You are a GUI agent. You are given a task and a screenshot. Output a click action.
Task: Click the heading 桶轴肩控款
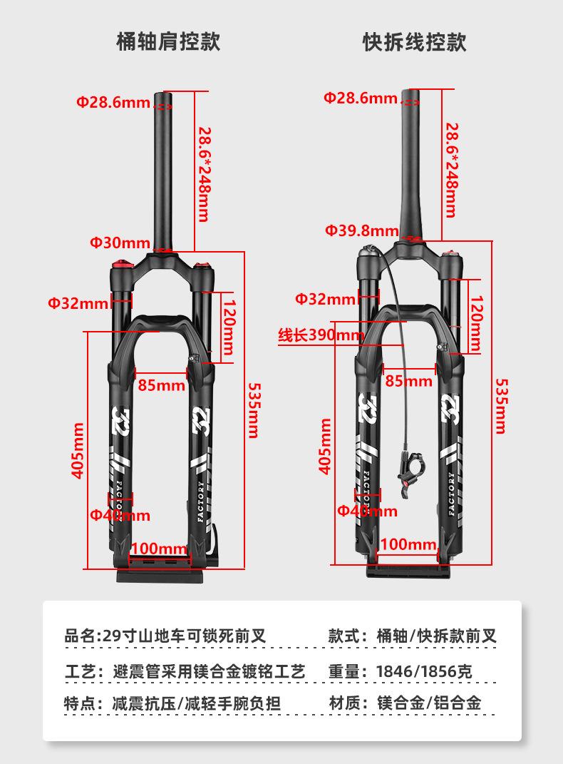pyautogui.click(x=168, y=41)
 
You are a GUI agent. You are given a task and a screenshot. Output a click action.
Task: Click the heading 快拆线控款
pyautogui.click(x=414, y=41)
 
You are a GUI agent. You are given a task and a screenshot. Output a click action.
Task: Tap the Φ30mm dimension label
pyautogui.click(x=120, y=243)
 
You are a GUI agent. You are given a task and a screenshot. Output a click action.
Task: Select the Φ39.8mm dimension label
pyautogui.click(x=361, y=230)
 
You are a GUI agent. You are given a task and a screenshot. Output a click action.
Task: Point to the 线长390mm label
pyautogui.click(x=321, y=335)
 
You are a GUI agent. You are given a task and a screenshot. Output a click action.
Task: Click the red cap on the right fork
pyautogui.click(x=450, y=255)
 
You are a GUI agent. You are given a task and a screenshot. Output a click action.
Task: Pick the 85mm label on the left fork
pyautogui.click(x=162, y=386)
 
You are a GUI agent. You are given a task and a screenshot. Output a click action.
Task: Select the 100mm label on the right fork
pyautogui.click(x=408, y=545)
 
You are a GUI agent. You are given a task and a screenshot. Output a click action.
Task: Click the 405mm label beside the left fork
pyautogui.click(x=79, y=450)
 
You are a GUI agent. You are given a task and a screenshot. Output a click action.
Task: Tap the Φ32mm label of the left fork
pyautogui.click(x=78, y=304)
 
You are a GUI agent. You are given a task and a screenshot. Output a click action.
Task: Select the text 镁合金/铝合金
pyautogui.click(x=429, y=703)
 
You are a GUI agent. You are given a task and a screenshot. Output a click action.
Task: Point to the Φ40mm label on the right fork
pyautogui.click(x=367, y=511)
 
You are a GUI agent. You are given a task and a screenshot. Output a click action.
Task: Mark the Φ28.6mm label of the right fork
pyautogui.click(x=360, y=98)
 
